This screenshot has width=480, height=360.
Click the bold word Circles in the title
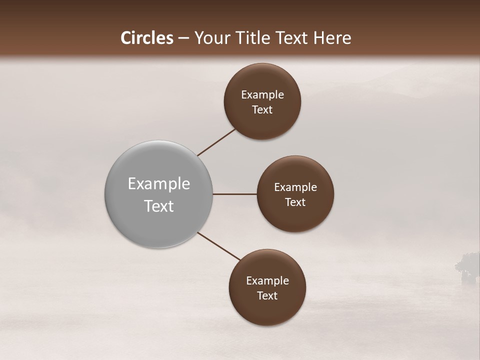pyautogui.click(x=147, y=38)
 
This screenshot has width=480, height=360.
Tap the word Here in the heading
pyautogui.click(x=333, y=38)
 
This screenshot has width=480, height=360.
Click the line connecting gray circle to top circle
pyautogui.click(x=216, y=142)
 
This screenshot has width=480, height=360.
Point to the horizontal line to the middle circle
pyautogui.click(x=234, y=194)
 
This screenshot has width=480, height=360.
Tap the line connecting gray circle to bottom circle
pyautogui.click(x=219, y=246)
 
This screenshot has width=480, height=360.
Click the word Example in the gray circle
pyautogui.click(x=159, y=184)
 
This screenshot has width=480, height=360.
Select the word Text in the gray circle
pyautogui.click(x=159, y=206)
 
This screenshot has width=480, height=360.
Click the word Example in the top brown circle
pyautogui.click(x=262, y=95)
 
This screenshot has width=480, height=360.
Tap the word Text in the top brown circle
pyautogui.click(x=262, y=110)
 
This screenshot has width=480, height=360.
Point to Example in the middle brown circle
pyautogui.click(x=295, y=187)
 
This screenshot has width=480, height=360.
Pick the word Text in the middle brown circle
pyautogui.click(x=295, y=202)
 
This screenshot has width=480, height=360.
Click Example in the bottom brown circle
pyautogui.click(x=267, y=281)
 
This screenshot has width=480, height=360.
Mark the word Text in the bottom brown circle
pyautogui.click(x=267, y=296)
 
